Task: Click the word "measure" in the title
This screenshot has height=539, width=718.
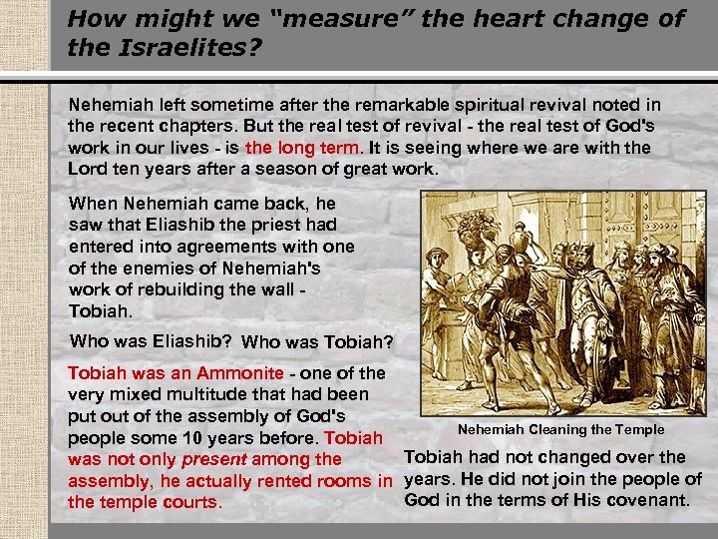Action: click(329, 19)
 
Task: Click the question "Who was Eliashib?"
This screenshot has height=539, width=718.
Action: click(151, 340)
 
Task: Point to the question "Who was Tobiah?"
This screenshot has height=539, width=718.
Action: click(317, 342)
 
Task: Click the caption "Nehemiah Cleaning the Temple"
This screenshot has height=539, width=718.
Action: click(560, 429)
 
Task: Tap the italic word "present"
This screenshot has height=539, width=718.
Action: click(213, 459)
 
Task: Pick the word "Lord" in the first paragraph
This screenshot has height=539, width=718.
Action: click(87, 169)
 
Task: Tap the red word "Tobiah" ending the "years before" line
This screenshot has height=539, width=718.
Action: click(354, 438)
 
